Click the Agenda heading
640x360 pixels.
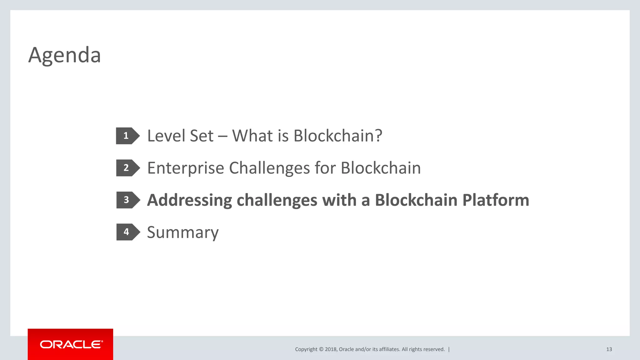64,55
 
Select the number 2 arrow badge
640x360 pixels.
127,168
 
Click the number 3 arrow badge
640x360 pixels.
127,200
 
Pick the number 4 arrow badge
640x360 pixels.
127,232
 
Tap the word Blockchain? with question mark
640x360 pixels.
338,136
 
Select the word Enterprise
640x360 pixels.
186,168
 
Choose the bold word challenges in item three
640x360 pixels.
277,200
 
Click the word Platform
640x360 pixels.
496,200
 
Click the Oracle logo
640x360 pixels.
71,344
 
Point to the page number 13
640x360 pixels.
609,349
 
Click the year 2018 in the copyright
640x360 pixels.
331,349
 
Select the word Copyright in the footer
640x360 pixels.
306,349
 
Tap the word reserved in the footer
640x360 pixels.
434,349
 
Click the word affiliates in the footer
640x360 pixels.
389,349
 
